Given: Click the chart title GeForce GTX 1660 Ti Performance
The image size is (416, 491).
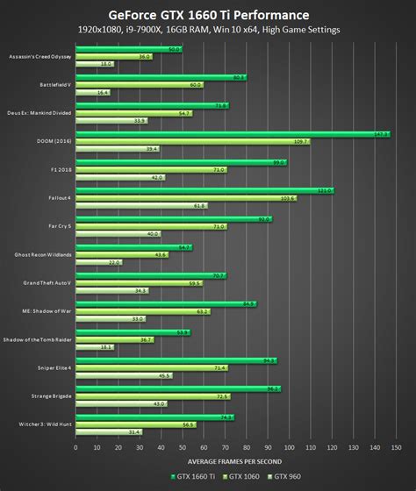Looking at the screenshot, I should tap(208, 14).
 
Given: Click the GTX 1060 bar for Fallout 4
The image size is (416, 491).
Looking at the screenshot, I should tap(185, 198).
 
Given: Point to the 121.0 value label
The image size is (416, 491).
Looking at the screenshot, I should tap(324, 190).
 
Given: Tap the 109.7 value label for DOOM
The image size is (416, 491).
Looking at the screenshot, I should tap(301, 141).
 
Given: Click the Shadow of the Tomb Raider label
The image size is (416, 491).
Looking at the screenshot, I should tap(39, 339).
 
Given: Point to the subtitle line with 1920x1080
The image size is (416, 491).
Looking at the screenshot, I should tap(208, 30).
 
